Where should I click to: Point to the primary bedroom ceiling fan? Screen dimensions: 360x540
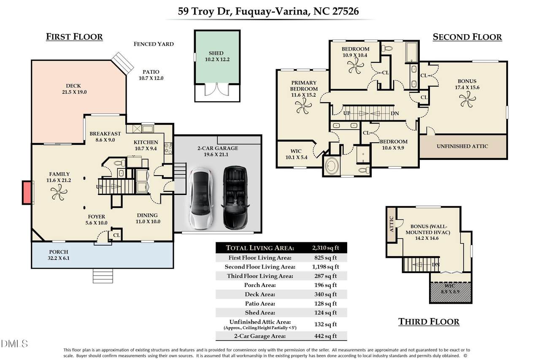[304, 108]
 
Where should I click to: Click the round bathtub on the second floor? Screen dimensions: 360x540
[332, 165]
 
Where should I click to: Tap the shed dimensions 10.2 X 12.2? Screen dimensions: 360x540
[216, 60]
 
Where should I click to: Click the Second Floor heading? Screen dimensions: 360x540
[467, 37]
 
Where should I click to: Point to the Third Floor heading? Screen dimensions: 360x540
[429, 322]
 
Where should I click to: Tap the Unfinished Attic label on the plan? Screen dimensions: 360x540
[462, 146]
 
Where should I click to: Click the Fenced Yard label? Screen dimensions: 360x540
[154, 44]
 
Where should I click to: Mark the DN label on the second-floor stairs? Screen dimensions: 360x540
[395, 113]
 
